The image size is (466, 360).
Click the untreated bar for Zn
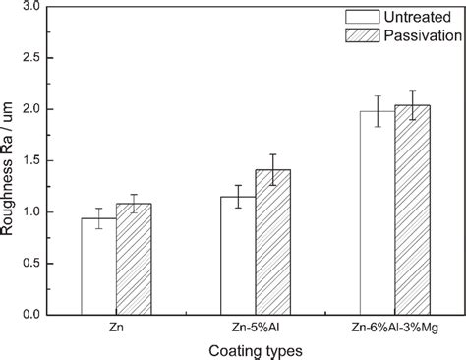98,267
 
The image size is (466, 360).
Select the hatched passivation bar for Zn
134,260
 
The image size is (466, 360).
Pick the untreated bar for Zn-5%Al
238,256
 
